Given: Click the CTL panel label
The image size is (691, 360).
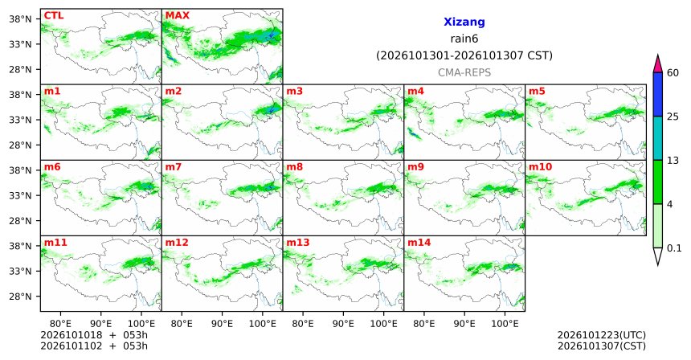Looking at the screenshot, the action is coord(53,16).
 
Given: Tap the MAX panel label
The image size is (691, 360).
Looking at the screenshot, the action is coord(177,16).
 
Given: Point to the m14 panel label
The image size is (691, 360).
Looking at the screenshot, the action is coord(419,243).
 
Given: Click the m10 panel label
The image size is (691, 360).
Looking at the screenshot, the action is coord(540,167).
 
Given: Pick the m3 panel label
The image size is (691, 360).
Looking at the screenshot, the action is coord(294,92).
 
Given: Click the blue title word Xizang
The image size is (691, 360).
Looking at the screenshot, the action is coord(464,22).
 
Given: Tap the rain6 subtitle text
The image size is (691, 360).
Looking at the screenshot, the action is coord(464,39).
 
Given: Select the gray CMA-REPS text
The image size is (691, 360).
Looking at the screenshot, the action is coord(464,72).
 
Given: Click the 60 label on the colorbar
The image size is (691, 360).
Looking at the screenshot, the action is coord(673,73).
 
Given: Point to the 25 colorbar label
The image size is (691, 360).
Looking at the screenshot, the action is coord(673,117).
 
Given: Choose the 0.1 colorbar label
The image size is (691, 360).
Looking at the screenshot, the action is coord(674,248).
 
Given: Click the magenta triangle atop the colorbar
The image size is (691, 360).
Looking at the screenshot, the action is coord(657,64).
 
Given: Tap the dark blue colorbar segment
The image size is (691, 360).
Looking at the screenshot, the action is coord(657,94).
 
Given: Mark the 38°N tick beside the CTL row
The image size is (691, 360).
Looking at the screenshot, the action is coord(21,19).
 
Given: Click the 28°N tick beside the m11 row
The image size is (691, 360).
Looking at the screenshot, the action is coord(21,297).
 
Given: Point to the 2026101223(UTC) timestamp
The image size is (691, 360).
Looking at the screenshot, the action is coord(602,336).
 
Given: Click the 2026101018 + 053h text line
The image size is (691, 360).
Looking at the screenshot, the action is coord(94,335).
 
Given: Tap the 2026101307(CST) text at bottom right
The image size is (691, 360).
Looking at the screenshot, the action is coord(602,346).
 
